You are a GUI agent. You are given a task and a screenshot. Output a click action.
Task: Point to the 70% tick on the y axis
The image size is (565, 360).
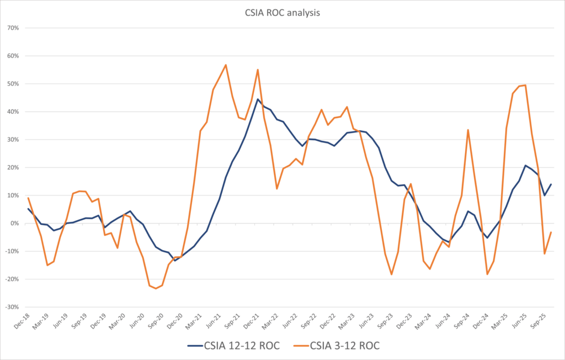[x=12, y=28]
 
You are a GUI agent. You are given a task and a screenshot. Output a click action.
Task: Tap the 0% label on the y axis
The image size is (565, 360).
[x=14, y=223]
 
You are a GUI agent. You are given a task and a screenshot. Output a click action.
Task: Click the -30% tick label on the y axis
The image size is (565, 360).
[x=11, y=307]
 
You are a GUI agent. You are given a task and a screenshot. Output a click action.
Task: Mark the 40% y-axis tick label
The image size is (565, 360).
[x=12, y=112]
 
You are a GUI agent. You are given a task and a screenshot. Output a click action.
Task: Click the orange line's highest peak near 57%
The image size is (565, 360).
[x=226, y=65]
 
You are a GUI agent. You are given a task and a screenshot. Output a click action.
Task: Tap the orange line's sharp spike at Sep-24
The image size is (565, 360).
[x=468, y=130]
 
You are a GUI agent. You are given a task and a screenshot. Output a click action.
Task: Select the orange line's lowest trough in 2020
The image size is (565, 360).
[x=156, y=288]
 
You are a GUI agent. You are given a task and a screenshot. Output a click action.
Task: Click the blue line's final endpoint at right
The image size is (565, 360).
[x=551, y=184]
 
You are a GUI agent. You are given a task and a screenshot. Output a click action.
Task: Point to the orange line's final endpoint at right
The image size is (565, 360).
[x=551, y=232]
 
